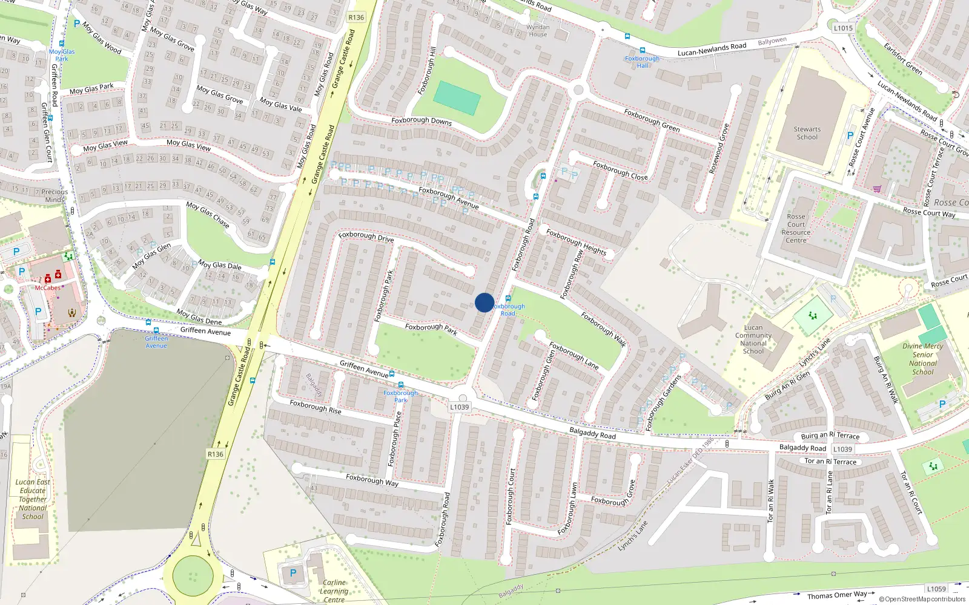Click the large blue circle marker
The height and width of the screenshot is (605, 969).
point(484,302)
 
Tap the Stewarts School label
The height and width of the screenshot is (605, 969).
point(807,133)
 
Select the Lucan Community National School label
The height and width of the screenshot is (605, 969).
point(753,339)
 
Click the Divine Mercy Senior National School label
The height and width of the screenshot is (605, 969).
point(922,359)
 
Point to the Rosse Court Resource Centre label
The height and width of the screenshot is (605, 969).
point(796,228)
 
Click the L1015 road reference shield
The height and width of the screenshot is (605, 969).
point(843,28)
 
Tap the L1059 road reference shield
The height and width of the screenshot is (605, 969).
point(936,589)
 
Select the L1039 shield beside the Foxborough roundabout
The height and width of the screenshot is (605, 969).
point(460,407)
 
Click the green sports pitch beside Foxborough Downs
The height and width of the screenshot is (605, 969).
point(457,97)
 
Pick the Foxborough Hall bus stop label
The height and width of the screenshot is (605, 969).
point(642,62)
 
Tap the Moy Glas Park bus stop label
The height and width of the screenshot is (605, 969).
point(62,55)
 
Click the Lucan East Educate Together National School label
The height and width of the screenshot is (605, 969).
point(33,500)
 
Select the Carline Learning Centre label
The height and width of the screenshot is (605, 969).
point(334,591)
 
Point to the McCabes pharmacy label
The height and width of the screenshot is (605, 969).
point(47,288)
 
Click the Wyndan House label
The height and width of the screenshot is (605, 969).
point(538,31)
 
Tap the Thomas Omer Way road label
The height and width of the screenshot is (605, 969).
point(837,595)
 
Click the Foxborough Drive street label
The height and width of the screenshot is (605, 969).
point(366,237)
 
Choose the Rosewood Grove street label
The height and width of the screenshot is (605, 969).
point(719,149)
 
